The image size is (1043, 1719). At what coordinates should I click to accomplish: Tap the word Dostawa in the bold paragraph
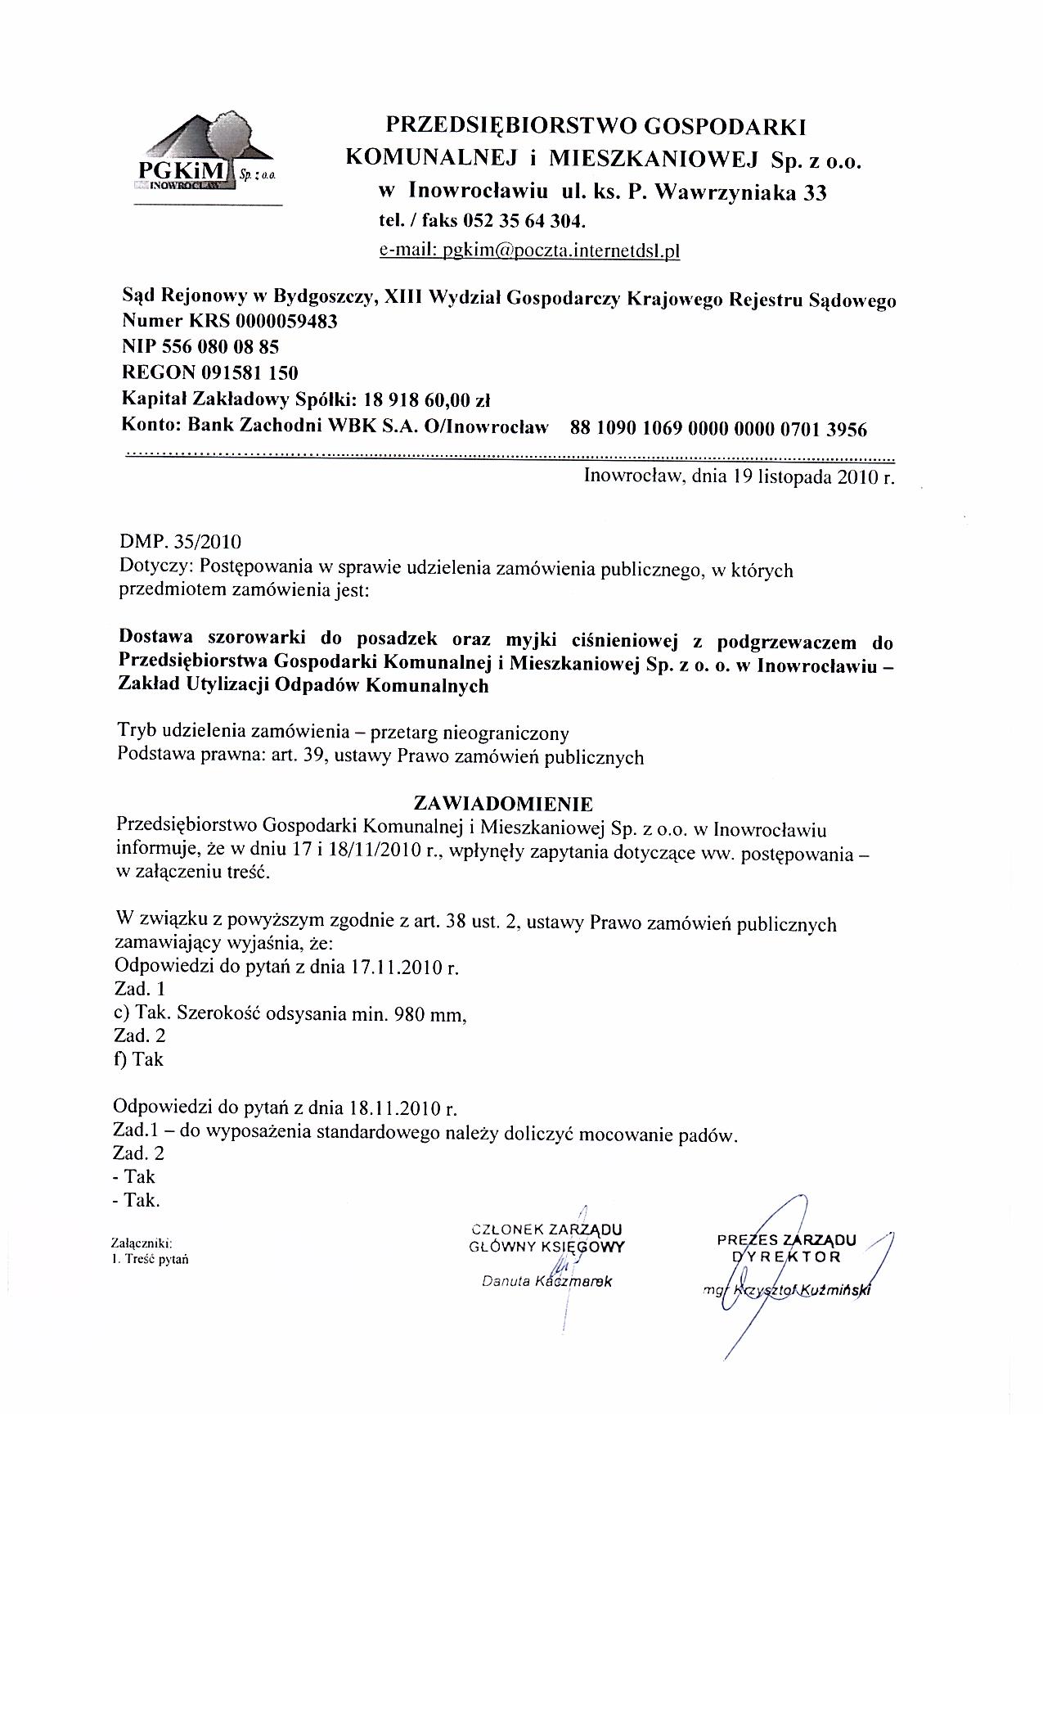(x=155, y=638)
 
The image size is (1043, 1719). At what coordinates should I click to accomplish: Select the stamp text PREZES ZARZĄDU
(x=785, y=1239)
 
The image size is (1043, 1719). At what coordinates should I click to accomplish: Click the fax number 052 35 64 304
(x=524, y=221)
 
